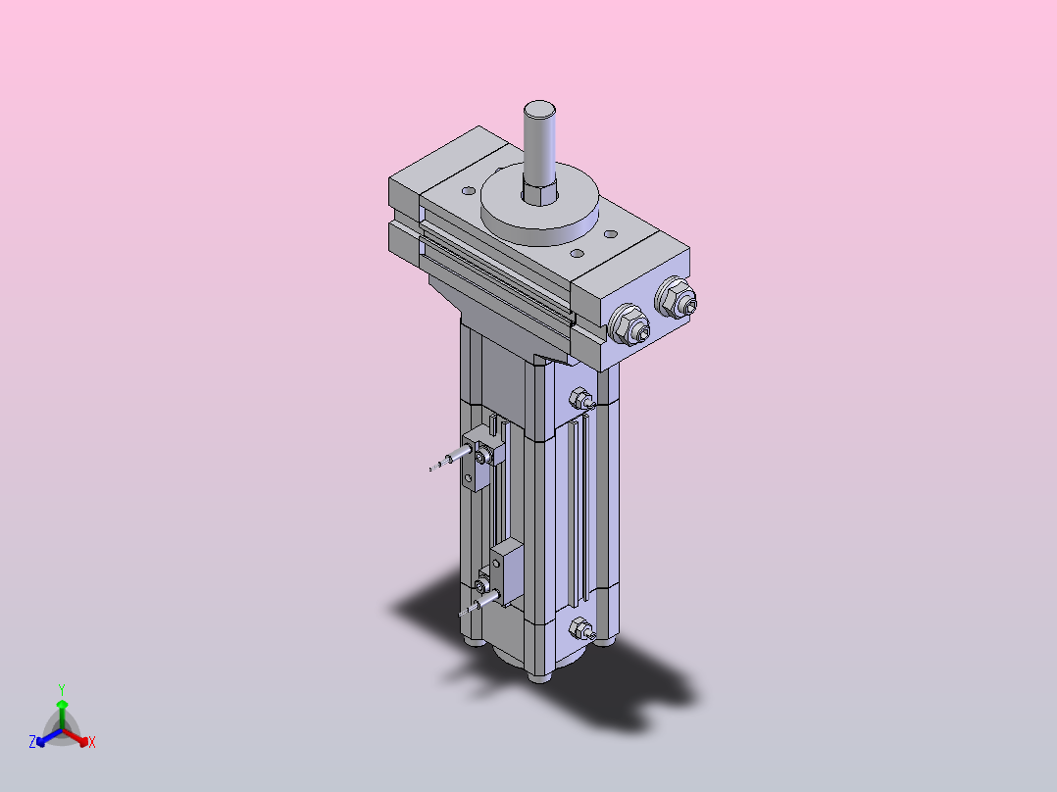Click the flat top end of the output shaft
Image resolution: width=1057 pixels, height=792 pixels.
pyautogui.click(x=539, y=109)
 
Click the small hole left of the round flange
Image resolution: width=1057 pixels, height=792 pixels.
pyautogui.click(x=469, y=191)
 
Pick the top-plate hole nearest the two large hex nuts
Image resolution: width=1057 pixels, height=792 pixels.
pyautogui.click(x=611, y=234)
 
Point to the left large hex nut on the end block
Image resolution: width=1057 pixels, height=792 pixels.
pyautogui.click(x=629, y=324)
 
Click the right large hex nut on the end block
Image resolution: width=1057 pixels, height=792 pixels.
pyautogui.click(x=676, y=298)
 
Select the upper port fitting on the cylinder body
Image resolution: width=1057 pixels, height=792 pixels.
pyautogui.click(x=581, y=399)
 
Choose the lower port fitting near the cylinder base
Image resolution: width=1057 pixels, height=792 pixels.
pyautogui.click(x=581, y=629)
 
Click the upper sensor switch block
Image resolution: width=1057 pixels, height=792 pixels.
pyautogui.click(x=483, y=457)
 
